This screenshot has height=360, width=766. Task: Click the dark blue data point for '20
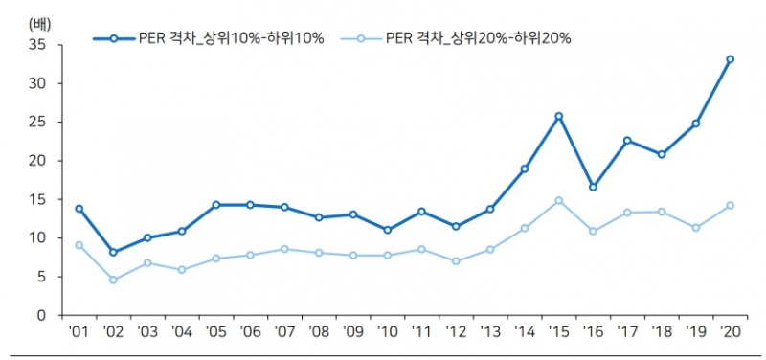coord(730,59)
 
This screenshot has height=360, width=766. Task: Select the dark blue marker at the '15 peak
coord(558,117)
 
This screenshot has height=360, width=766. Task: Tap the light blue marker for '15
coord(558,201)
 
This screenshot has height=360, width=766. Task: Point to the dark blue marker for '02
coord(113,252)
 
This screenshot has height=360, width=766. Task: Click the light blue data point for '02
coord(113,280)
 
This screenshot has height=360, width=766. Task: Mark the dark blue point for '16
coord(593,187)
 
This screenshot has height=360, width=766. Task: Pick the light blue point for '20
coord(730,205)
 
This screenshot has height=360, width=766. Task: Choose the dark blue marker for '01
coord(79,209)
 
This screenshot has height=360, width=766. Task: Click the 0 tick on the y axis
coord(41,315)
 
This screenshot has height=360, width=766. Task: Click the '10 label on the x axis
coord(387,333)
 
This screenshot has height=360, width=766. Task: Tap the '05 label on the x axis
coord(215,333)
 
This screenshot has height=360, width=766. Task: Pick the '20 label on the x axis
coord(730,333)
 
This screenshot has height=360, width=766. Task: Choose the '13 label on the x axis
coord(489,333)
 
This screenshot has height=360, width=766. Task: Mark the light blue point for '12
coord(456,261)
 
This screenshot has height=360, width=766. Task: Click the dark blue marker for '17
coord(627,141)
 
